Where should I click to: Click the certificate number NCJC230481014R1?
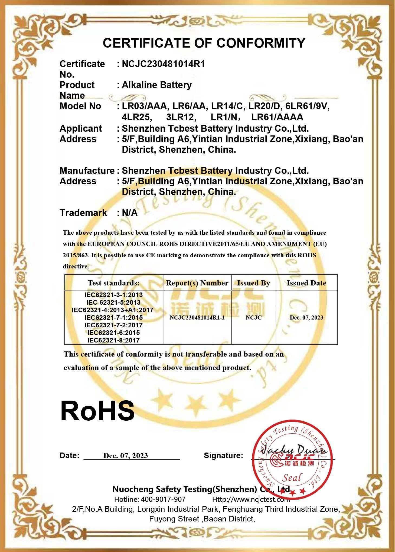[x=163, y=64]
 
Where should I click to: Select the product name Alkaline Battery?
[x=156, y=85]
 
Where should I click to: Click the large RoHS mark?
[x=97, y=411]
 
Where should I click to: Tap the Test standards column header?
[x=113, y=283]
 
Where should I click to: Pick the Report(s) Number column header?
[x=197, y=283]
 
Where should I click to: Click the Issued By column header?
[x=253, y=283]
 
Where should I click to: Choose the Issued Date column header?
[x=306, y=283]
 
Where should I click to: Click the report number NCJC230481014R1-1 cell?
[x=197, y=318]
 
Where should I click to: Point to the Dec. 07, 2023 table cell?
[x=306, y=318]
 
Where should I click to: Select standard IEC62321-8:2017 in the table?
[x=113, y=340]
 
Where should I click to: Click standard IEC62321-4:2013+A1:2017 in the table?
[x=113, y=310]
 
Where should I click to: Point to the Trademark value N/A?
[x=130, y=213]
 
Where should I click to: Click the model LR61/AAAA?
[x=277, y=117]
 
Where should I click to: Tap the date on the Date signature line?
[x=126, y=456]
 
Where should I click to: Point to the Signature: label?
[x=223, y=455]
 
